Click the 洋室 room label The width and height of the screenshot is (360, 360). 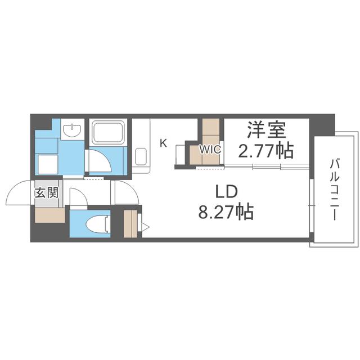[267, 130]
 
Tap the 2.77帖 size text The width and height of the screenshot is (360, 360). [266, 151]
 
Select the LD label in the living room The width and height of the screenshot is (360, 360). [226, 192]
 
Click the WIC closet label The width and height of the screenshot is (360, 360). [210, 150]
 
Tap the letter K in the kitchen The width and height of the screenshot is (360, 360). [163, 143]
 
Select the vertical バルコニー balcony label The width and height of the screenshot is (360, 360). [335, 190]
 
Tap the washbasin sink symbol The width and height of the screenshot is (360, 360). [73, 130]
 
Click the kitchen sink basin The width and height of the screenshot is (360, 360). [141, 156]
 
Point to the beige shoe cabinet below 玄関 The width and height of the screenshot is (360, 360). [50, 215]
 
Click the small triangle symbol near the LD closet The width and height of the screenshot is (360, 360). [145, 227]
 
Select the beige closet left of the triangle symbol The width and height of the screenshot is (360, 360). [130, 223]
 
